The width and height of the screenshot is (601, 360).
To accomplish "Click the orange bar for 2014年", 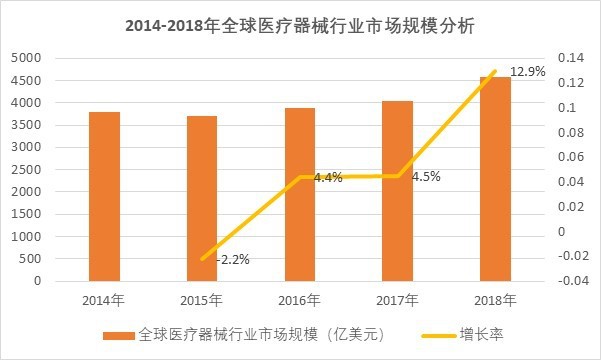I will (104, 196).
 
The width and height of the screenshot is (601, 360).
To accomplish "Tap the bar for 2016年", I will (299, 194).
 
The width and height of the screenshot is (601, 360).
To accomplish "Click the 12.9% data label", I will (528, 72).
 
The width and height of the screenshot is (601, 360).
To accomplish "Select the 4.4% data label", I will (328, 177).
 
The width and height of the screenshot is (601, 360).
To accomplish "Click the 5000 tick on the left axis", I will (29, 58).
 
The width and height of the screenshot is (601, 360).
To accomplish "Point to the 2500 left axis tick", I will (29, 169).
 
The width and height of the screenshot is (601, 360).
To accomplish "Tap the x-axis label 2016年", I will (299, 300).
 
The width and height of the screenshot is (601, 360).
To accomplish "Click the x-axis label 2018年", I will (494, 300).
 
